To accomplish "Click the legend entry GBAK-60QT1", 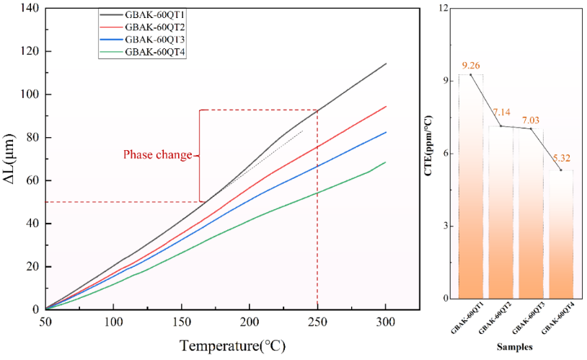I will point(151,14).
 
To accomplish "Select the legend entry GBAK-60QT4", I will point(151,52).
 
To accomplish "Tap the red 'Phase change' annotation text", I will point(157,154).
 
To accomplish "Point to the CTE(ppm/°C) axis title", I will point(428,153).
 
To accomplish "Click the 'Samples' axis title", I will point(514,347).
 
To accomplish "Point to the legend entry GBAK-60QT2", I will point(151,27).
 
